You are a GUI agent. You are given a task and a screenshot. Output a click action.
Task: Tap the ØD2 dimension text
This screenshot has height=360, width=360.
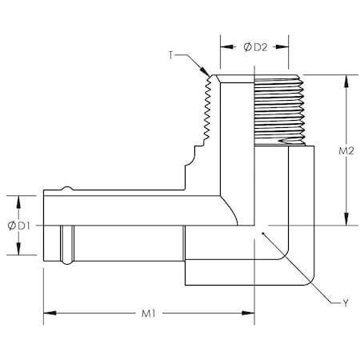pos(255,46)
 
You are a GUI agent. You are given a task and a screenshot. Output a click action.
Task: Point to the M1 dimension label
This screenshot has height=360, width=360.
pos(149,314)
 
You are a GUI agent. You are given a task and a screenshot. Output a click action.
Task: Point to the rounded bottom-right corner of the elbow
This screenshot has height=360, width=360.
pos(308,281)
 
